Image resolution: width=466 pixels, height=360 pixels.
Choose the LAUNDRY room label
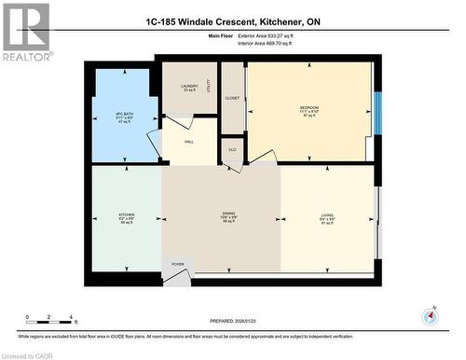190,87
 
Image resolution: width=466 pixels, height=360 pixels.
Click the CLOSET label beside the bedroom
232,97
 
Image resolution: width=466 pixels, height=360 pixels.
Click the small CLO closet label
232,150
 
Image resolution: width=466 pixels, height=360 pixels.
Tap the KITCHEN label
126,218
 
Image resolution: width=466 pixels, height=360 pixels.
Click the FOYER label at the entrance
177,265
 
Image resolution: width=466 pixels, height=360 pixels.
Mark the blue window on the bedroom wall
377,113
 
